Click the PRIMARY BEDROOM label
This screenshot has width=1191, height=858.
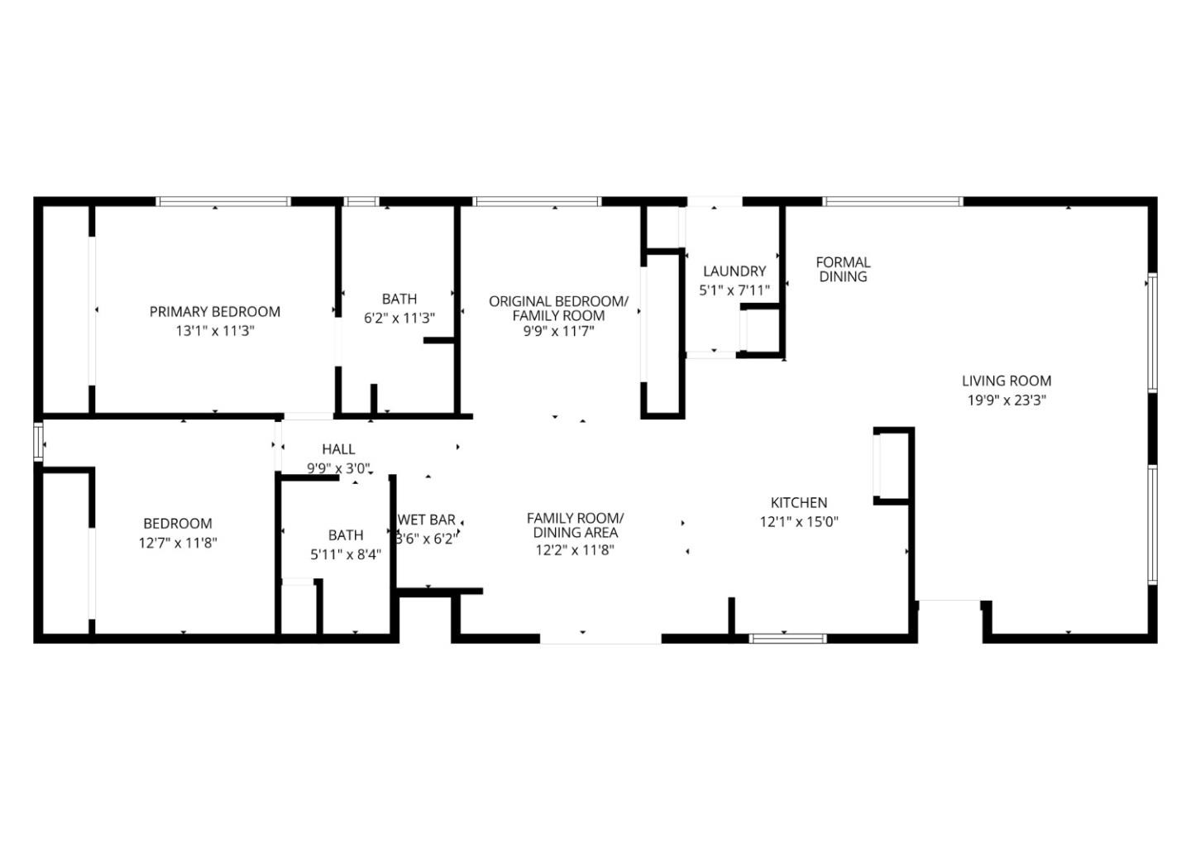pos(214,312)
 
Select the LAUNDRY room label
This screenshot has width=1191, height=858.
pos(734,271)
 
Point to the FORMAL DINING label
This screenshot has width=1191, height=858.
pos(843,270)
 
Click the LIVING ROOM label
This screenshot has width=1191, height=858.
pos(1007,381)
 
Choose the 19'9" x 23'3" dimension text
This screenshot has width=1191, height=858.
pos(1007,400)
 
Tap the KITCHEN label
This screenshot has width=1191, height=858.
pos(799,503)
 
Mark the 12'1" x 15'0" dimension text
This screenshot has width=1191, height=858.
pos(799,522)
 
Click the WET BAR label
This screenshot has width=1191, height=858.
pos(427,520)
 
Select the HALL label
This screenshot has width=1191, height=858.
pos(338,449)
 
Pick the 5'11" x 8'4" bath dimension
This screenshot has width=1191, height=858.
pos(346,554)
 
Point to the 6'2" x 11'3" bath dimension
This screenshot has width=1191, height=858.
pos(399,318)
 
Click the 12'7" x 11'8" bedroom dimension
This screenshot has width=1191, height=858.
pos(178,543)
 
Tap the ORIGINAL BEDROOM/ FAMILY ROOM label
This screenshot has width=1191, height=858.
pos(558,309)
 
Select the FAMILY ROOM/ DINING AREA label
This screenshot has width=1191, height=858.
pos(575,526)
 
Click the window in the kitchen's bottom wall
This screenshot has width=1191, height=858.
pos(787,638)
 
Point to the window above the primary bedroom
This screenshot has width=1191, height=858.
pos(223,201)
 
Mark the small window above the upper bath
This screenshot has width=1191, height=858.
pos(361,201)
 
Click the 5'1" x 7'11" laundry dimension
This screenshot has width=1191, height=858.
pos(734,290)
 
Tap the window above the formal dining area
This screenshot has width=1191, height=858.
pos(892,201)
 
